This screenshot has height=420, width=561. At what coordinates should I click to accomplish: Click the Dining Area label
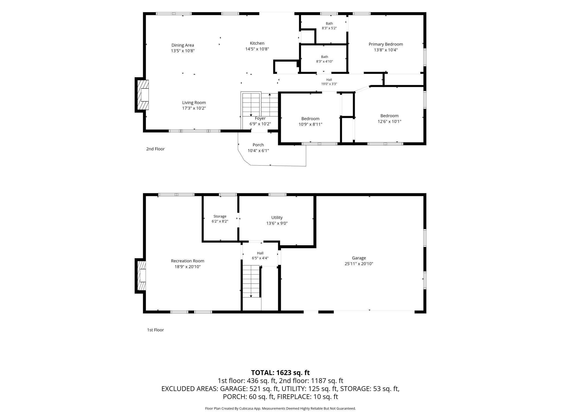(183, 45)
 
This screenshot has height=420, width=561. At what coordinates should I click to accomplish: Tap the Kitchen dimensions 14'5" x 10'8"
(257, 49)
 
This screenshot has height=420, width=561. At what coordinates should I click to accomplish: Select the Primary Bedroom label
(386, 44)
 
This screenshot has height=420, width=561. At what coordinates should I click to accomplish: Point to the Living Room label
(194, 103)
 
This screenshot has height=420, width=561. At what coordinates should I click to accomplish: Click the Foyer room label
(260, 118)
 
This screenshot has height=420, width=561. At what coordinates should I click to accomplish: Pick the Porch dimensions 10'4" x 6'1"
(258, 151)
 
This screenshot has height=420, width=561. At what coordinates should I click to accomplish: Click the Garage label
(359, 258)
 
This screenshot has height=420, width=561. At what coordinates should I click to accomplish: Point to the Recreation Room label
(187, 261)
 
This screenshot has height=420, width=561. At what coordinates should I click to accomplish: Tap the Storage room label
(220, 216)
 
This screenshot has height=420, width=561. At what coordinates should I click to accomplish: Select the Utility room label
(277, 218)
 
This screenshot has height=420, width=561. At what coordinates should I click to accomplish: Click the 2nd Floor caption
(155, 149)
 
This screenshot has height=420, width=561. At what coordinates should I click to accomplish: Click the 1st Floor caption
(155, 330)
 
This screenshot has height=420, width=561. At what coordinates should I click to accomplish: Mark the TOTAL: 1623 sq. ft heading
(280, 373)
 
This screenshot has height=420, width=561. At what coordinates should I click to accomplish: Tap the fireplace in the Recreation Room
(141, 276)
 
